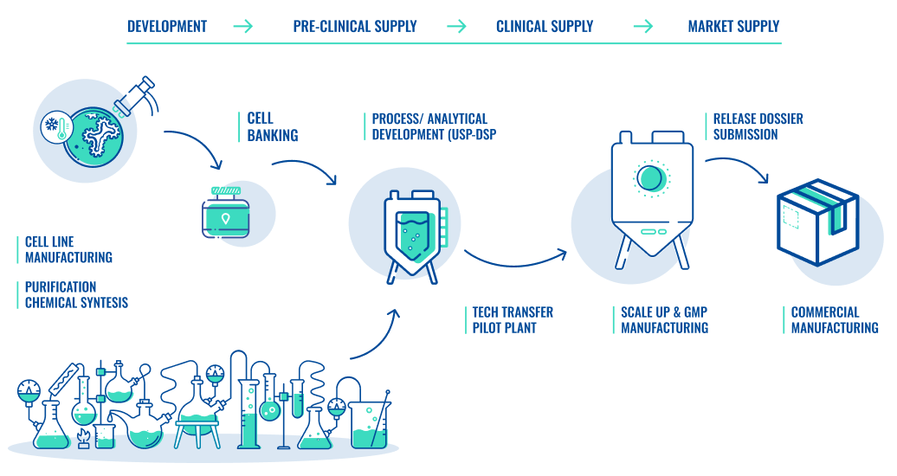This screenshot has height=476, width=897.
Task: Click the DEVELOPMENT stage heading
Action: (167, 26)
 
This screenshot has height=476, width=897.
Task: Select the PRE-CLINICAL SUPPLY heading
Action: (355, 26)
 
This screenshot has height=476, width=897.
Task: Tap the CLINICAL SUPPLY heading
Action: (545, 26)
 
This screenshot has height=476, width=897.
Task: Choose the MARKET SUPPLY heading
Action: (733, 26)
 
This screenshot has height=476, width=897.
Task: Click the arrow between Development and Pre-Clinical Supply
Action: (243, 26)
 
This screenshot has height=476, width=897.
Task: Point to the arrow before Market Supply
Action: (643, 26)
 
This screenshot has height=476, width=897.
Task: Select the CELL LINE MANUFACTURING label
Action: (68, 249)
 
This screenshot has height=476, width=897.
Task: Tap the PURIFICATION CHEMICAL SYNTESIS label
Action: (76, 294)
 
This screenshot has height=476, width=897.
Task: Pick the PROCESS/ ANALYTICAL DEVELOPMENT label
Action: (433, 126)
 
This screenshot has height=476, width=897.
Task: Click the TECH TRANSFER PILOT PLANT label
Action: (512, 319)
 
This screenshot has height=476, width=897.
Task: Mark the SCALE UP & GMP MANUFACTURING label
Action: (664, 319)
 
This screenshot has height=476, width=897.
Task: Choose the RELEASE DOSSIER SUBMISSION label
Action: (758, 126)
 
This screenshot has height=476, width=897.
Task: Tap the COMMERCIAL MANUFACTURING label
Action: (834, 319)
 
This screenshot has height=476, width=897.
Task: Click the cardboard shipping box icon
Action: (816, 220)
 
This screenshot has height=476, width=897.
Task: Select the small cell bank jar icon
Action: (226, 211)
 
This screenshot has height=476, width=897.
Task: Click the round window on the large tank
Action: (651, 177)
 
